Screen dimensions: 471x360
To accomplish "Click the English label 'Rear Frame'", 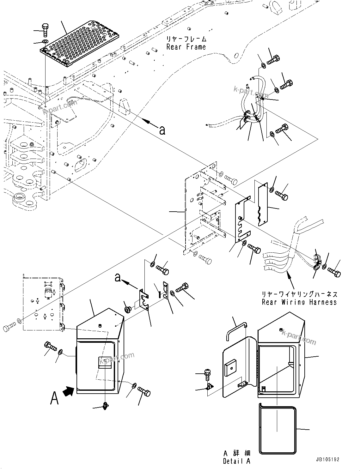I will click(186, 47).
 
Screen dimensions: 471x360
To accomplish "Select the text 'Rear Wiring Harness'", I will click(299, 302).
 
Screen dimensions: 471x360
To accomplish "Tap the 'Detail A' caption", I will click(236, 461).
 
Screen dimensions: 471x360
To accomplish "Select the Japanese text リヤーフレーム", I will click(186, 39).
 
